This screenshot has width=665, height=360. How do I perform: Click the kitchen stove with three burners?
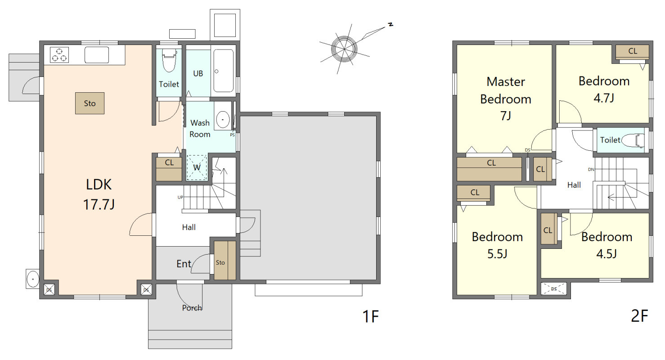coord(59,55)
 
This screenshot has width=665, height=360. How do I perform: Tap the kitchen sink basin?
coord(97,55)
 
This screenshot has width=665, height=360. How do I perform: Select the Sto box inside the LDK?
coord(90,103)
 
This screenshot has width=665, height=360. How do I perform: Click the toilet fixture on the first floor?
coord(169,61)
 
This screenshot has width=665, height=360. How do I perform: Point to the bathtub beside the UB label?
coord(224,71)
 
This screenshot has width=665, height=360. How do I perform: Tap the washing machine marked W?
coord(197,167)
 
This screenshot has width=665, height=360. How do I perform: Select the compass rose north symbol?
coord(344,49)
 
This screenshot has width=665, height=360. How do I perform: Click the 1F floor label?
coord(371,316)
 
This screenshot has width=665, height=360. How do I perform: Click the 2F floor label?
coord(639,316)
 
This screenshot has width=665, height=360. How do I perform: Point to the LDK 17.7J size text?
coord(99,205)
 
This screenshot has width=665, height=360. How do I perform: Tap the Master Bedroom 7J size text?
coord(506,116)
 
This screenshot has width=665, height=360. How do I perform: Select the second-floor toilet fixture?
coord(633,140)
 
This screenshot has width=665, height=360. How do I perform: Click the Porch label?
coord(192,308)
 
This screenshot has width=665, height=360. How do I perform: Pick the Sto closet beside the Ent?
coord(225,260)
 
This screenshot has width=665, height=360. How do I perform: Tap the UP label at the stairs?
coord(180,197)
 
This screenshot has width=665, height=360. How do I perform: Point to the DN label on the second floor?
coord(591,170)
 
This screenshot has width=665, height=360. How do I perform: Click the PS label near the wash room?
coord(232,135)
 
